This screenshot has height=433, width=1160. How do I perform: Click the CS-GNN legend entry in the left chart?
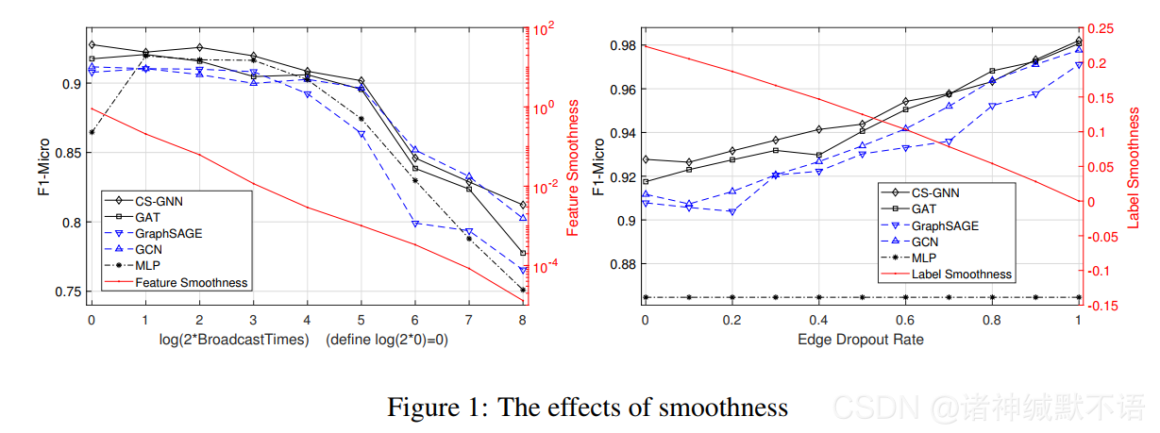coord(156,200)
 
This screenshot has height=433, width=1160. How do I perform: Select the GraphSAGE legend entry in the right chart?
coord(945,225)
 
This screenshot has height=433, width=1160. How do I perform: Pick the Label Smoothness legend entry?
coord(961,275)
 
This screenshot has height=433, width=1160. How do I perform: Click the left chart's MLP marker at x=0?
coord(92,132)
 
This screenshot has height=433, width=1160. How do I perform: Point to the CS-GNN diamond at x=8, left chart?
coord(522,205)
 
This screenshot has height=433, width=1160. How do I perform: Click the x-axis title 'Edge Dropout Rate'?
coord(861,339)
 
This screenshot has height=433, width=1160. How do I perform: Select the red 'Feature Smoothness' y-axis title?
coord(572,167)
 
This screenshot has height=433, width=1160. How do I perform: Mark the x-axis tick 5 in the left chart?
coord(361,321)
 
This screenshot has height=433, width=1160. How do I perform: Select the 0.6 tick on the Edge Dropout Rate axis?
coord(905,321)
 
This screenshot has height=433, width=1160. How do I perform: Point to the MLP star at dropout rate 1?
coord(1079,297)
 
